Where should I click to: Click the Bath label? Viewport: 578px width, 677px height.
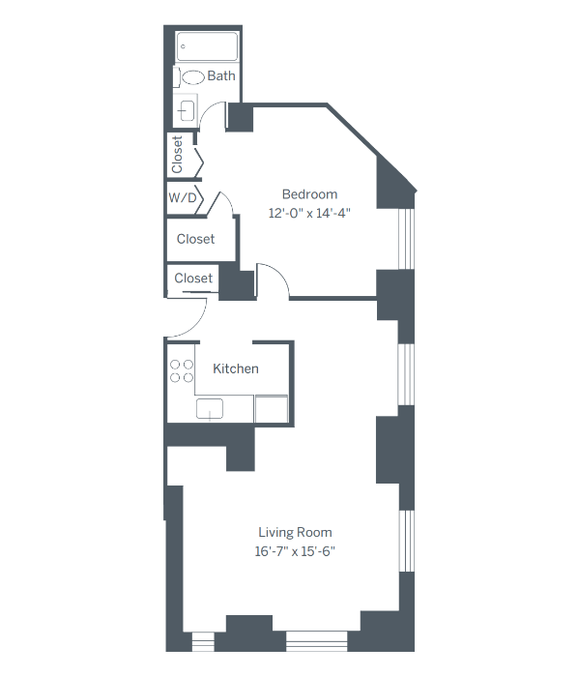(221, 75)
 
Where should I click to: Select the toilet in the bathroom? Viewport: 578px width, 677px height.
(193, 76)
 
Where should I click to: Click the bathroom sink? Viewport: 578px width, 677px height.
(187, 109)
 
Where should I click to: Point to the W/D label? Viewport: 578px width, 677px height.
(183, 198)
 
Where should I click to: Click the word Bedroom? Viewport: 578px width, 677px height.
(309, 192)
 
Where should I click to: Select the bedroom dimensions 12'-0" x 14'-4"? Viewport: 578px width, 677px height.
(309, 214)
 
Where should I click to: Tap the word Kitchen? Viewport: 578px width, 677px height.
(236, 368)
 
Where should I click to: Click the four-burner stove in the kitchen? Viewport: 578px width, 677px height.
(181, 372)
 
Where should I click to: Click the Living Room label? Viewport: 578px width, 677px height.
(295, 532)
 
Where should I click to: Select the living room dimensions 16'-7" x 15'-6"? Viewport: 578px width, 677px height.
(295, 552)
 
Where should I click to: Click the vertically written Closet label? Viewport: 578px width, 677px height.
(177, 155)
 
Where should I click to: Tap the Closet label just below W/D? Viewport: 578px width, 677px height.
(195, 239)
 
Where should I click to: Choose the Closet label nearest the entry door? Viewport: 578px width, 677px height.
(193, 279)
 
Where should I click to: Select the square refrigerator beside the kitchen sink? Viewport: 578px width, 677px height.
(272, 408)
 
